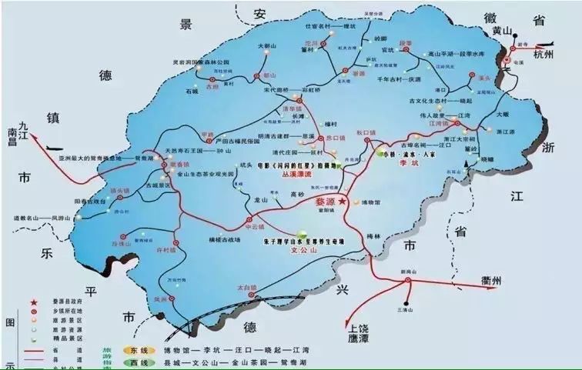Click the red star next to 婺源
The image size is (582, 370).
pos(343,200)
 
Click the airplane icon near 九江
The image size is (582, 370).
pos(52,147)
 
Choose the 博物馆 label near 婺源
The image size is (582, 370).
pos(373,202)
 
